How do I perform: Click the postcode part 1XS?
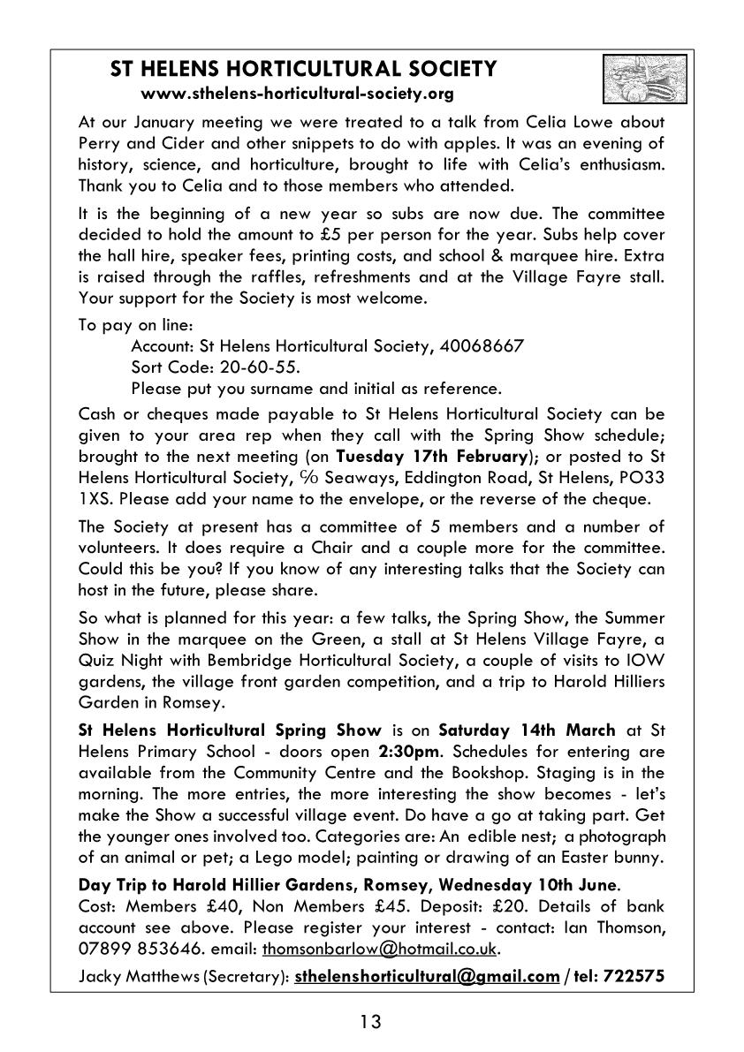(95, 499)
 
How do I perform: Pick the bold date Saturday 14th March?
(527, 730)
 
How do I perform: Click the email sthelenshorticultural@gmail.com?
(427, 976)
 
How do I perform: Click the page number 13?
(371, 1023)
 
